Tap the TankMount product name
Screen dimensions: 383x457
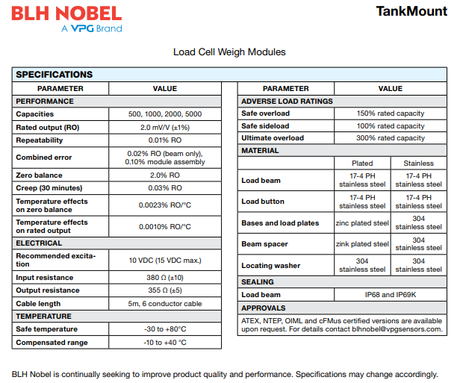tap(412, 11)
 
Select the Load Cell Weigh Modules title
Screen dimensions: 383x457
tap(229, 52)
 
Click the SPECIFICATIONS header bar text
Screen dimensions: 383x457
tap(55, 75)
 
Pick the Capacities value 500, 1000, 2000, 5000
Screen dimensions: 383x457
tap(165, 114)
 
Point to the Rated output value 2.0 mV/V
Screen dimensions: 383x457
tap(165, 127)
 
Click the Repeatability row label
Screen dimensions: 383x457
tap(45, 140)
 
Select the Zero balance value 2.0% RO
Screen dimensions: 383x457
tap(165, 175)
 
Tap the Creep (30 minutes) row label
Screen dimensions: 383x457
tap(49, 187)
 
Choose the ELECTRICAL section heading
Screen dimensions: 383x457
tap(40, 243)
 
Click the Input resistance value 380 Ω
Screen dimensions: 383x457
tap(165, 277)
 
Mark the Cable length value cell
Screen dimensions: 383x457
tap(165, 304)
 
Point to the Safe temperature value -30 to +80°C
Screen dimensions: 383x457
tap(165, 329)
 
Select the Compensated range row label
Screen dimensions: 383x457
tap(52, 343)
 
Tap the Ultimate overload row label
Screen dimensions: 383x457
tap(273, 138)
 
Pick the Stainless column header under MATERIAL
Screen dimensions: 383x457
tap(418, 163)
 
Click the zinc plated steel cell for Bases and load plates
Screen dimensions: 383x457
tap(362, 222)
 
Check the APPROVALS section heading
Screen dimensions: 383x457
tap(264, 308)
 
